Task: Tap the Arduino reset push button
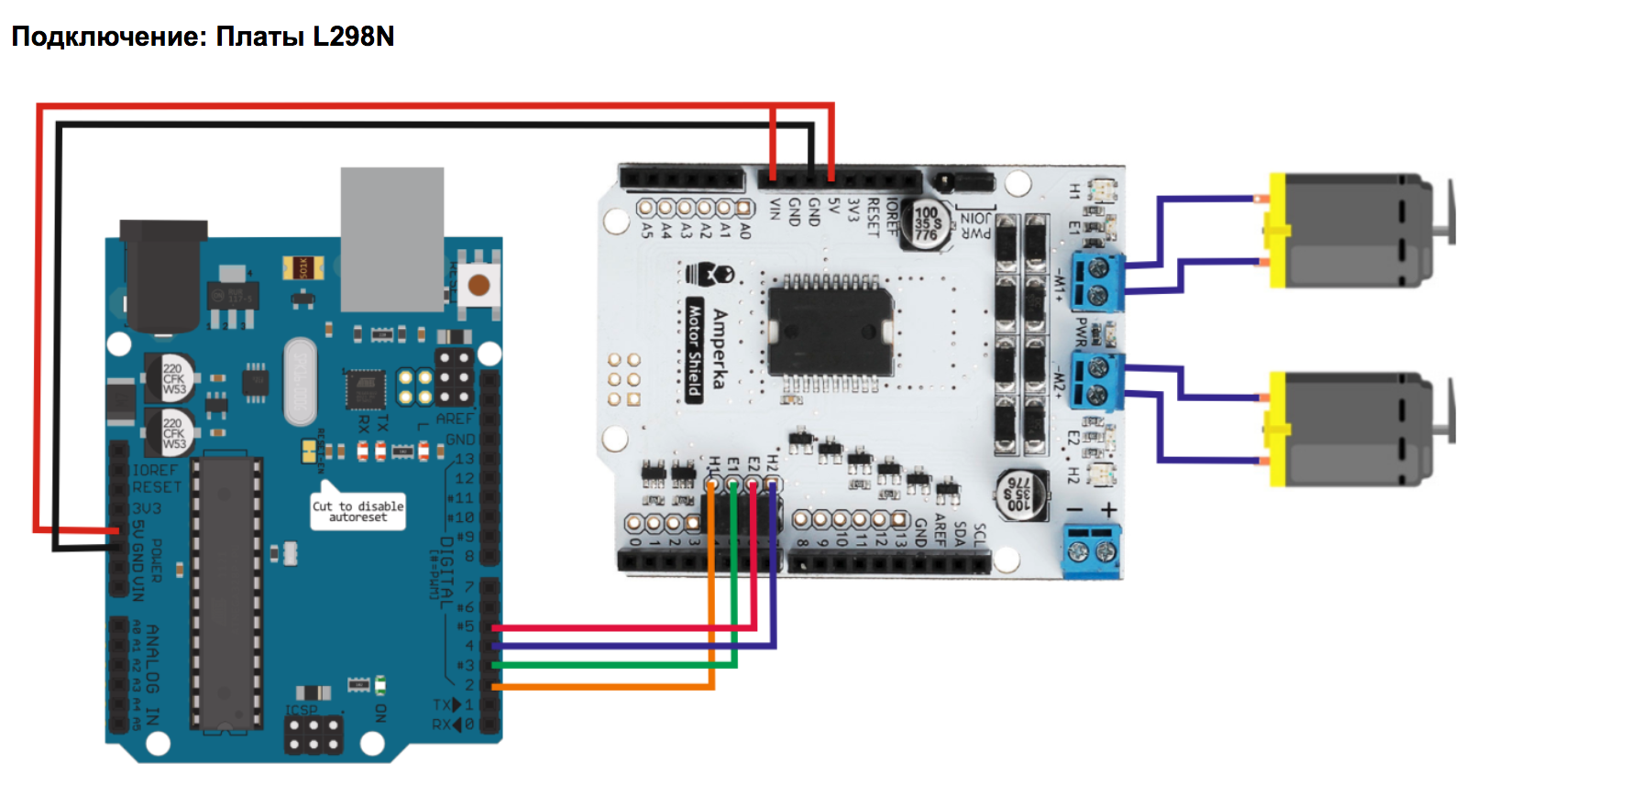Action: (x=478, y=285)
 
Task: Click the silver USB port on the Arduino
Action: (x=392, y=238)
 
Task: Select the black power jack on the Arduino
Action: (x=162, y=275)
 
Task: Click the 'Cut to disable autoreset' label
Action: (x=357, y=511)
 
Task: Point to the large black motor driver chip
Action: (x=830, y=330)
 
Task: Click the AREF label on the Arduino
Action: (x=455, y=419)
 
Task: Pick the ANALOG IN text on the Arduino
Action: (x=152, y=674)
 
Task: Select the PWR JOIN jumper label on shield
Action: (x=975, y=225)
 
